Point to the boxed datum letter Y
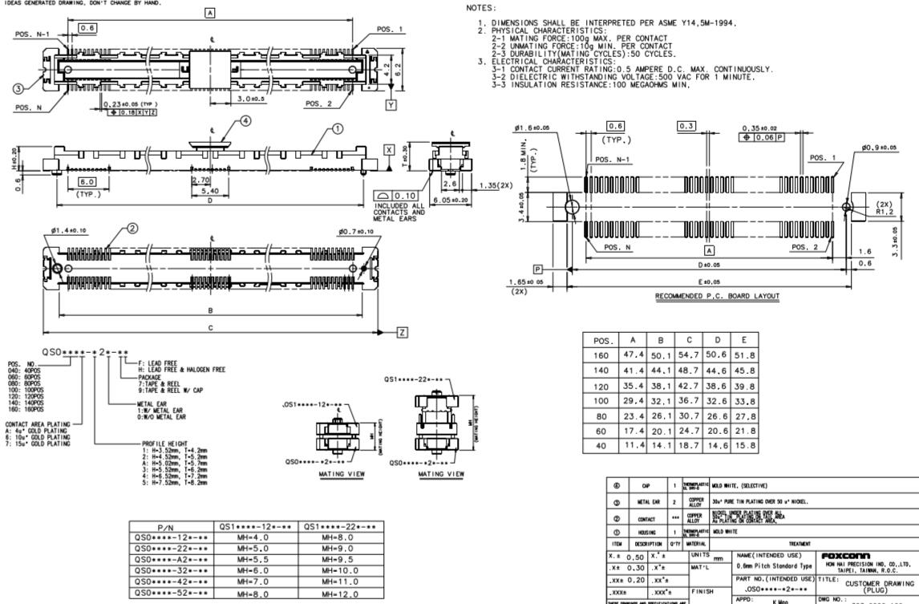click(391, 105)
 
